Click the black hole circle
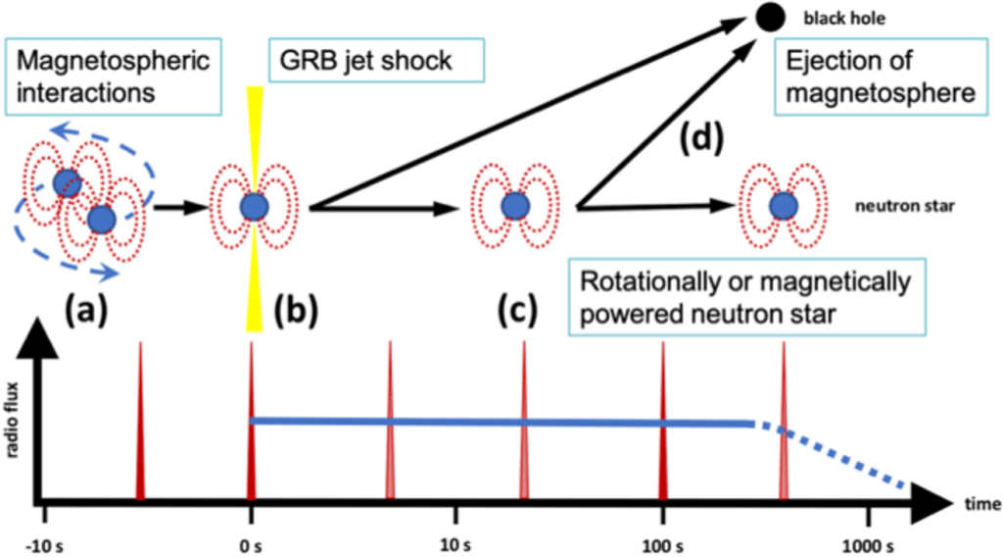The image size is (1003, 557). point(767,17)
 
